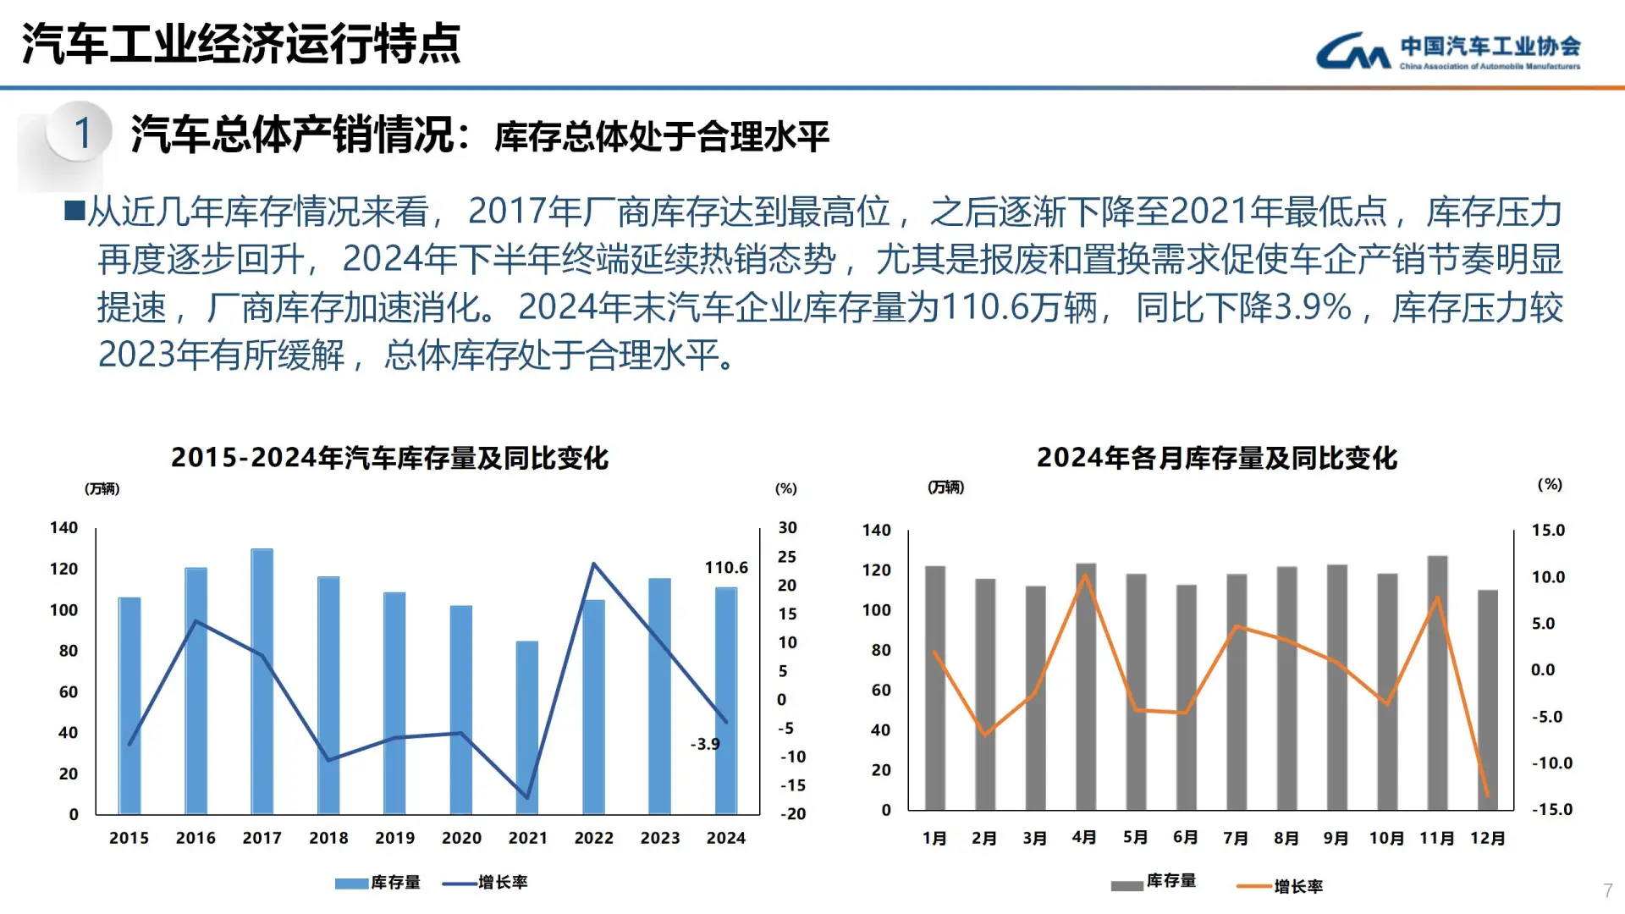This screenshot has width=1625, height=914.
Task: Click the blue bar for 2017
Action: click(262, 681)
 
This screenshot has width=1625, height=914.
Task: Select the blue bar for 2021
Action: click(527, 728)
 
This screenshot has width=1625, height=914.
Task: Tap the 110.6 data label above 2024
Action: click(726, 568)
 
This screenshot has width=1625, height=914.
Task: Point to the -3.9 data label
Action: click(705, 744)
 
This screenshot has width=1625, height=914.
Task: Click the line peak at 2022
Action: click(594, 564)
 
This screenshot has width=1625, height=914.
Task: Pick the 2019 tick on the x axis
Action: click(395, 838)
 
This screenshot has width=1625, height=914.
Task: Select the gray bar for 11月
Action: click(1437, 682)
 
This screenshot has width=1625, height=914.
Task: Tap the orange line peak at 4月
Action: click(1085, 576)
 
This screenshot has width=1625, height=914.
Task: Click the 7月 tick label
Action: click(1236, 838)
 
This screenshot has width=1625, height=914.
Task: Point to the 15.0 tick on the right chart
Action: click(1548, 531)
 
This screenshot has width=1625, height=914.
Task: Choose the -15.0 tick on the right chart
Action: click(1551, 809)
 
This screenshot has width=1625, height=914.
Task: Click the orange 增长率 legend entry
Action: click(1280, 886)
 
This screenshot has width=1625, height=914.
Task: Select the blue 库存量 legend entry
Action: click(378, 883)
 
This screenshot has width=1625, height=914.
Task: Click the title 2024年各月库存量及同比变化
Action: click(1216, 458)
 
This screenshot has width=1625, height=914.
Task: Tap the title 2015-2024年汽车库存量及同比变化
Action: click(389, 458)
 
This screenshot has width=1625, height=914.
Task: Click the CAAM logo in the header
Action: click(1447, 52)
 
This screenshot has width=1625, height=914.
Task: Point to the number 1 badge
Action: click(81, 133)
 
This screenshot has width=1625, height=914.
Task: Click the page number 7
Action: click(1607, 890)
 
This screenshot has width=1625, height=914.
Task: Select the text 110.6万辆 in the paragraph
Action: click(1019, 307)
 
